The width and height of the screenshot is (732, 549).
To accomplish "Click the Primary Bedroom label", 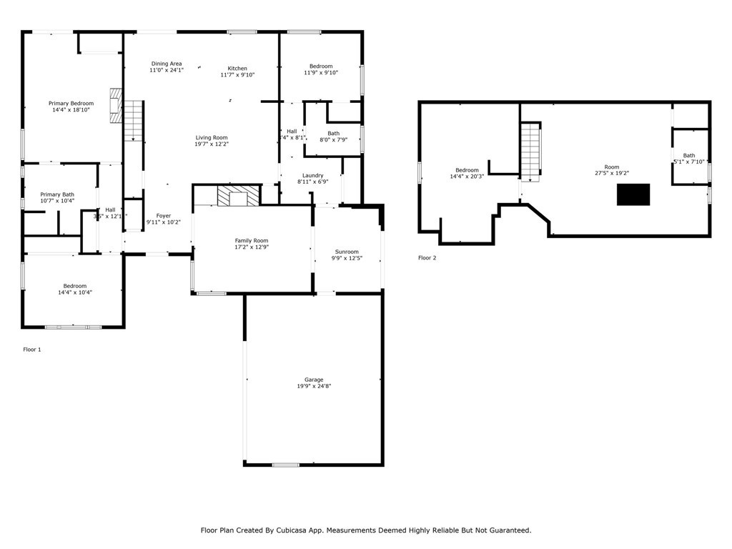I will pos(71,104).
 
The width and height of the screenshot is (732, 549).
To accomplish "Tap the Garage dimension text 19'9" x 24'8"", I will pos(314,386).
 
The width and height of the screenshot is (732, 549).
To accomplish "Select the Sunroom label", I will pos(347,252).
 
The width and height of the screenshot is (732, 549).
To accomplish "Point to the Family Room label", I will pos(252,241).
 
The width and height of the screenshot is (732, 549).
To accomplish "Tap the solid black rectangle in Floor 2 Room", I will pos(633,194).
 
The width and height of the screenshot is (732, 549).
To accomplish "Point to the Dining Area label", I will pos(166,64).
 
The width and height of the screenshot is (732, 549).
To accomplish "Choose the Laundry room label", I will pos(312,175).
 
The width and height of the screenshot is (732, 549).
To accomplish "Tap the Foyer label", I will pos(164,216).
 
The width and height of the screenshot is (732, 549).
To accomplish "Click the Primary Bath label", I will pos(57,194).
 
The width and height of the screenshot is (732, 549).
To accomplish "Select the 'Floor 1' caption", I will pos(32,350).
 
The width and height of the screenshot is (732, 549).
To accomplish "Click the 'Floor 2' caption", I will pos(427,258).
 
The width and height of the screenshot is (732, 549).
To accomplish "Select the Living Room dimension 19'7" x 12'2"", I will pos(212,144).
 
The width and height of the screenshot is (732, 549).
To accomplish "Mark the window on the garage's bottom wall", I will pos(285,465).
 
